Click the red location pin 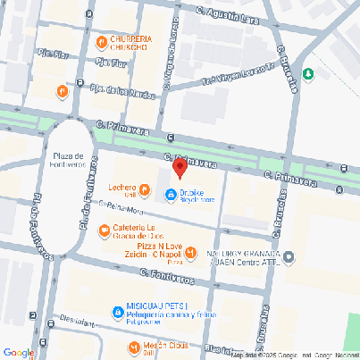click(x=179, y=168)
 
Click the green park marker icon click(x=309, y=74)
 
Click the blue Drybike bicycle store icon click(x=171, y=195)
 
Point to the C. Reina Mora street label click(x=122, y=211)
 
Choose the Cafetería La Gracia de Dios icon click(x=104, y=229)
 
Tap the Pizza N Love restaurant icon click(x=190, y=254)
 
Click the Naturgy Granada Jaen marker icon click(x=289, y=258)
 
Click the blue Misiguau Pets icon click(x=117, y=312)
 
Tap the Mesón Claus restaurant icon click(x=133, y=347)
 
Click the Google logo click(x=18, y=352)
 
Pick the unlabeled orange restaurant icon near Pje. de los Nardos click(x=62, y=91)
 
